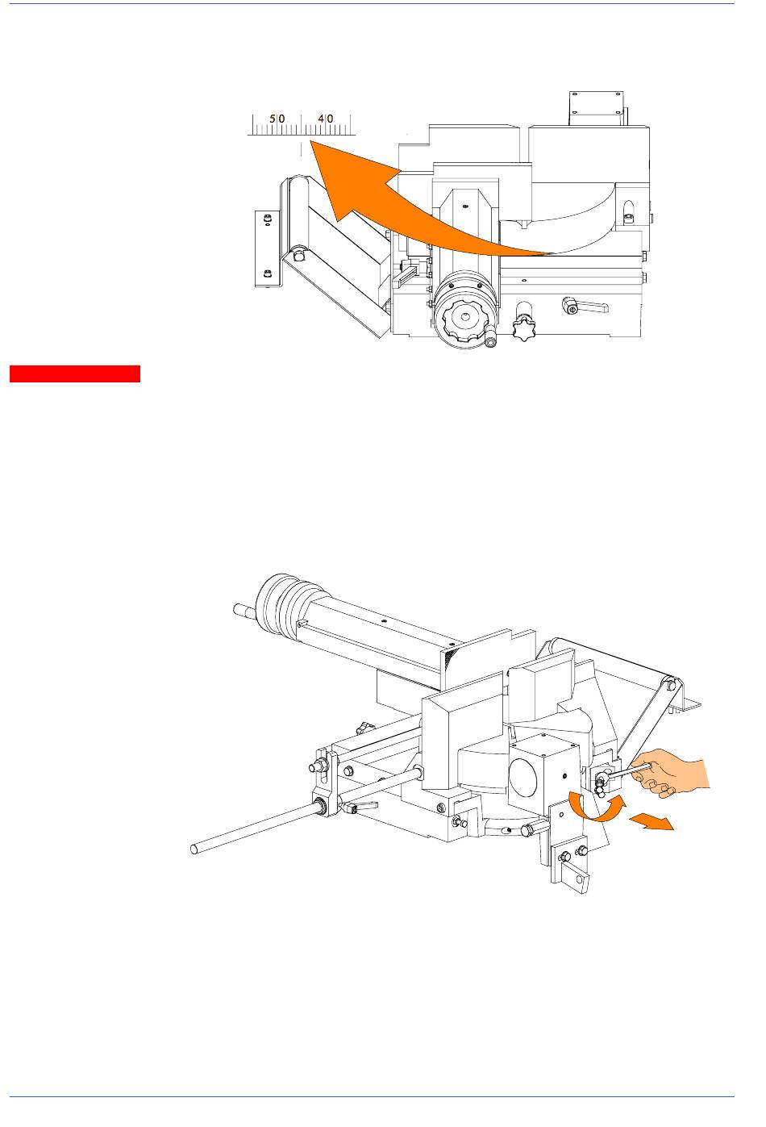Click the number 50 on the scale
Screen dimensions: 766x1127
click(x=277, y=119)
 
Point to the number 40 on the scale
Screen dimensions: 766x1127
click(x=326, y=119)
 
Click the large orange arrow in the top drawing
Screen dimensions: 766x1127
click(x=402, y=207)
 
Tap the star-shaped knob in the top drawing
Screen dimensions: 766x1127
click(x=523, y=327)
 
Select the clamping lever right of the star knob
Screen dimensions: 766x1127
click(x=585, y=306)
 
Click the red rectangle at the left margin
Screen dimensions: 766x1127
click(x=75, y=374)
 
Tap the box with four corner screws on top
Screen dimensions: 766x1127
click(x=597, y=108)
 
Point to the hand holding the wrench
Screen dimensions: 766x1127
click(x=672, y=774)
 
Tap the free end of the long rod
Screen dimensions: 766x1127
click(x=194, y=849)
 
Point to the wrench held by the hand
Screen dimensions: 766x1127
click(x=622, y=774)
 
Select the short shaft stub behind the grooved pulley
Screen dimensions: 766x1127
click(x=245, y=611)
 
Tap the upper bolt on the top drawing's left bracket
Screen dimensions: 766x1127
click(x=267, y=218)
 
